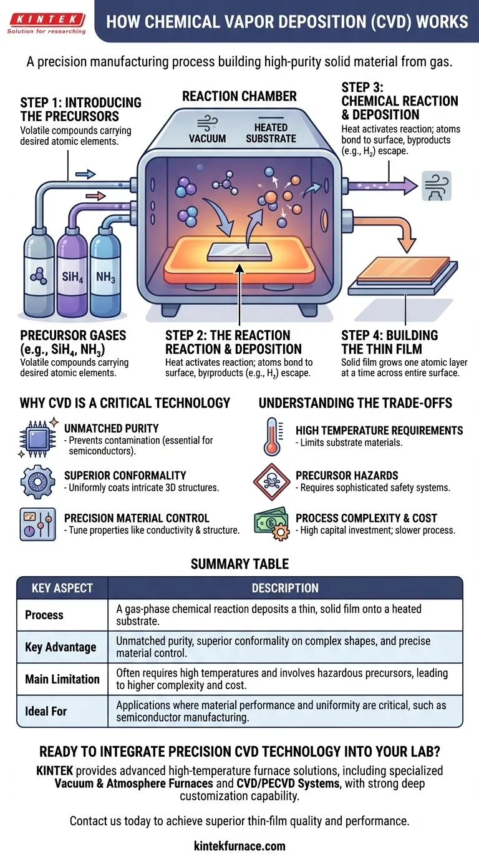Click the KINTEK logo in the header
[x=46, y=20]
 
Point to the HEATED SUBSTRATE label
[x=271, y=132]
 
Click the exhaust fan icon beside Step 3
[x=435, y=185]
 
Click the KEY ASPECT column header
[x=62, y=588]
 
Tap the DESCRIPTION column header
[x=285, y=588]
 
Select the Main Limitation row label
[x=62, y=679]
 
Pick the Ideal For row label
[x=46, y=711]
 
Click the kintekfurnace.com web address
[x=239, y=846]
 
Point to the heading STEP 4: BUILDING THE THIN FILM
[x=390, y=342]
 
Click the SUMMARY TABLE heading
[x=239, y=564]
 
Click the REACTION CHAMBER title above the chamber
[x=239, y=96]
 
